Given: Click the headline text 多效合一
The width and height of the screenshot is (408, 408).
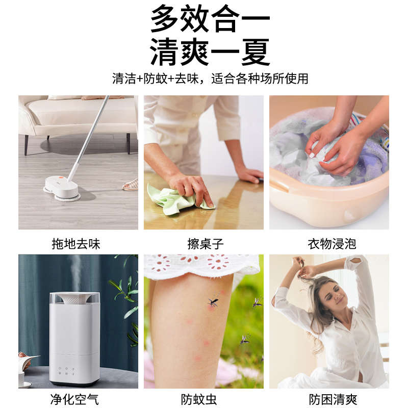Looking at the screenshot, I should tap(210, 19).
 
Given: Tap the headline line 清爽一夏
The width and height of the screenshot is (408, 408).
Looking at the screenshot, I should tap(210, 51).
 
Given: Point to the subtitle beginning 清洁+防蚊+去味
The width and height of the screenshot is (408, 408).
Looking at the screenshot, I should tap(210, 79).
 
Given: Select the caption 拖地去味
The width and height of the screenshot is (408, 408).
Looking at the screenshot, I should tap(76, 244).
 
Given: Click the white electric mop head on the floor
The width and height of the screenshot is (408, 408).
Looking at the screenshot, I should tap(61, 187).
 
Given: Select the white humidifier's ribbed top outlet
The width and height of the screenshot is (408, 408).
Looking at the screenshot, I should tap(74, 299).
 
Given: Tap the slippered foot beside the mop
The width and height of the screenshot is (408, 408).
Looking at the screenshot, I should tap(131, 185).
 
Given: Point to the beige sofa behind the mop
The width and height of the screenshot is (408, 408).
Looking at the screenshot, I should tap(76, 115).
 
